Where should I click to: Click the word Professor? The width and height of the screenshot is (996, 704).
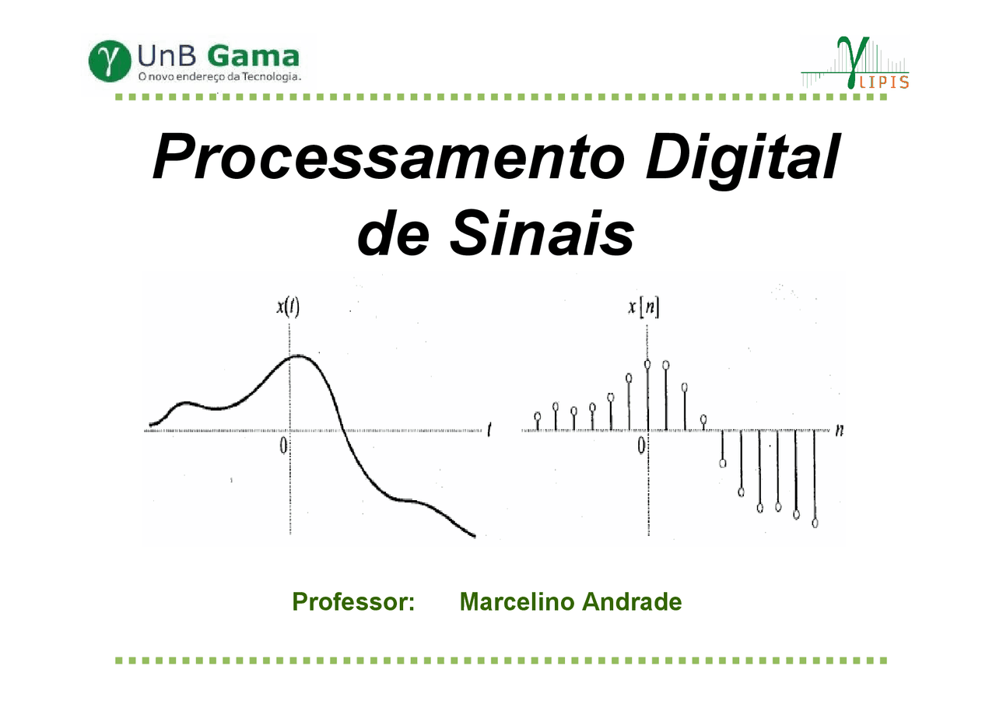point(352,601)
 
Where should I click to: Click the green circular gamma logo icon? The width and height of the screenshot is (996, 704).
point(109,61)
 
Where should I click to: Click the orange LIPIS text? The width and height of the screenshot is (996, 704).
point(886,82)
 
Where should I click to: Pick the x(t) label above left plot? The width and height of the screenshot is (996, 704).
point(288,306)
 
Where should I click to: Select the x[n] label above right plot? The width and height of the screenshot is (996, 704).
point(644,308)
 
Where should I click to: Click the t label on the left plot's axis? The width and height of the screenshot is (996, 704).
point(489,429)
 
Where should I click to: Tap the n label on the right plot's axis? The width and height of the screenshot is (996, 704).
point(839,429)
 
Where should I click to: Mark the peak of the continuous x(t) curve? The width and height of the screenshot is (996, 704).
point(300,356)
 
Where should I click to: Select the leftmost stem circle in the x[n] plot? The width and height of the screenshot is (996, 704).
point(537,416)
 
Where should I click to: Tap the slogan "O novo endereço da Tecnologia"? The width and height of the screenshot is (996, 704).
point(219,78)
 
